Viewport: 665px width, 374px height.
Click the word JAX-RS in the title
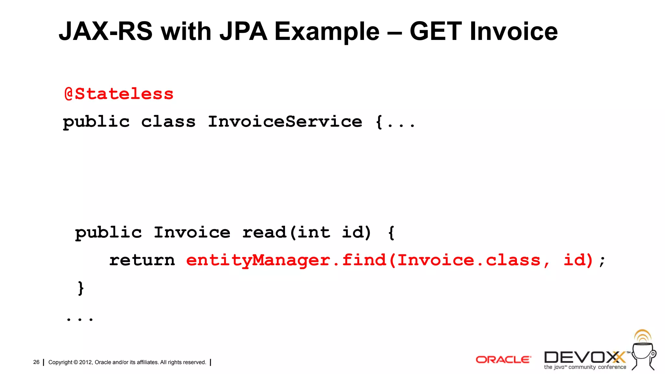point(106,31)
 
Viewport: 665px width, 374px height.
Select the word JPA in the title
point(243,31)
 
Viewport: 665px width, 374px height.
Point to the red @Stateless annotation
point(119,94)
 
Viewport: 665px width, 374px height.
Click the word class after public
point(168,122)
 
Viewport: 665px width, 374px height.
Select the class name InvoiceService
point(285,122)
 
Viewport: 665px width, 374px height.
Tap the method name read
point(264,232)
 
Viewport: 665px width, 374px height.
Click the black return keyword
point(142,260)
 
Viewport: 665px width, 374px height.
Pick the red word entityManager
point(258,260)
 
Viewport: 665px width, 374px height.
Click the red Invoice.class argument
point(469,260)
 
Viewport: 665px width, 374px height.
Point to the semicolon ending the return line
point(602,261)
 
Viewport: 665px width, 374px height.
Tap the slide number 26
point(36,362)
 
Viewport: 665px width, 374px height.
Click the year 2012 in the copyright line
point(86,362)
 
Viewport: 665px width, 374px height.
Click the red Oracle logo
point(503,360)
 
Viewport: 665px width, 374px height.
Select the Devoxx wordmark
point(584,357)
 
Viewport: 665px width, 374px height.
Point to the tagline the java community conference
point(585,367)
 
